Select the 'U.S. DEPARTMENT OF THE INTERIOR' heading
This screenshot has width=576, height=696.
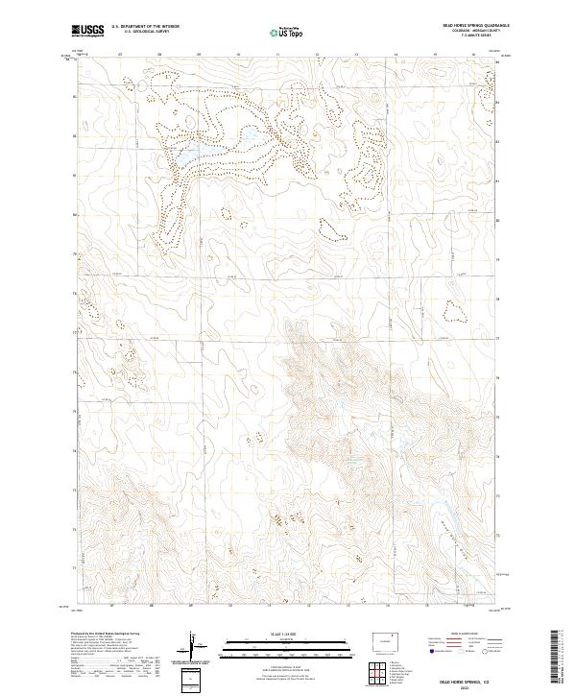(141, 27)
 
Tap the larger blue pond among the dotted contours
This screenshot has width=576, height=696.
(188, 153)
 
